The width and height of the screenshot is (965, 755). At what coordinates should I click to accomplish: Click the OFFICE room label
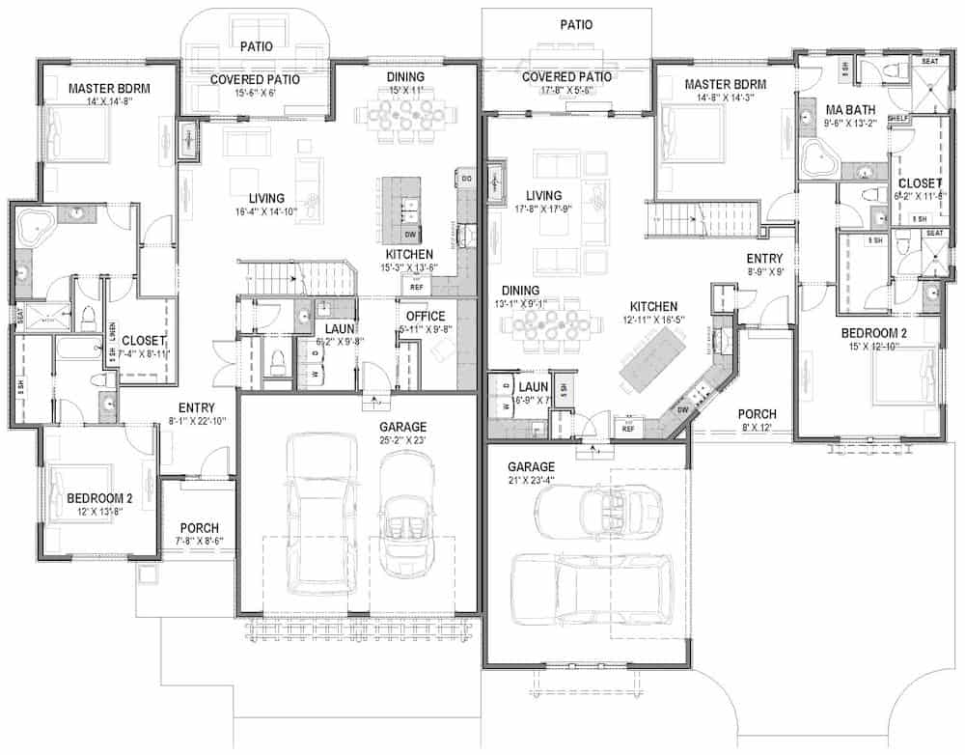point(425,316)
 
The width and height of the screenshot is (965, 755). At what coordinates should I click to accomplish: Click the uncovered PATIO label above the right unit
point(576,24)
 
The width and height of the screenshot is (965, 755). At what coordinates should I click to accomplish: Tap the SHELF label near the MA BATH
point(899,119)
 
